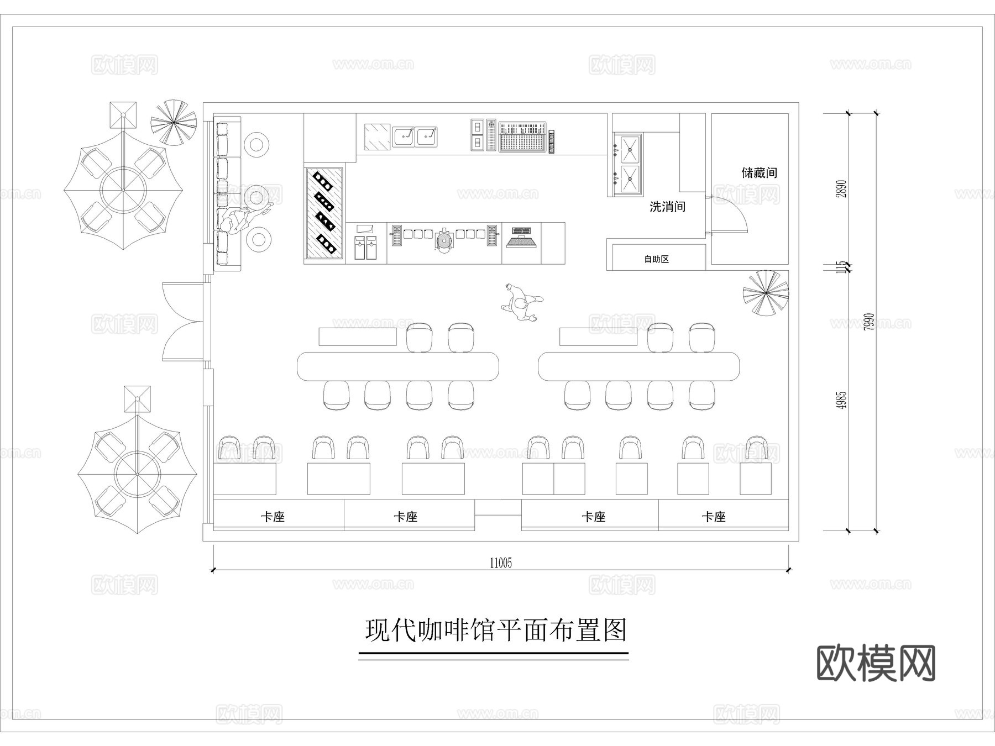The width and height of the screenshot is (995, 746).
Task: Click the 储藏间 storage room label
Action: point(759,173)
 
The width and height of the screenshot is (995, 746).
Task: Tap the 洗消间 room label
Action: point(667,207)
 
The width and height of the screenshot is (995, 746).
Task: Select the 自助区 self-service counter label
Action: point(657,259)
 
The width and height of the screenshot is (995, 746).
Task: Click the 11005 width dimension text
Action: point(501,563)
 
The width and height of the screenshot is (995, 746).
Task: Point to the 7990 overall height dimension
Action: point(869,322)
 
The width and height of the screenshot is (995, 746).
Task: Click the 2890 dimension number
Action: point(841,189)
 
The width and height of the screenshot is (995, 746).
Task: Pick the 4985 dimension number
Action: point(841,400)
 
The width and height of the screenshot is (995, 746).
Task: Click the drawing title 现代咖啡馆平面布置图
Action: point(495,631)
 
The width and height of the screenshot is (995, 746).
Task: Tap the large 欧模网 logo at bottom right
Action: point(876,663)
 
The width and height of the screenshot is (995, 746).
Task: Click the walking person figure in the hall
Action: point(521,303)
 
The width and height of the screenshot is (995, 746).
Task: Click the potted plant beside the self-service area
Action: point(765,293)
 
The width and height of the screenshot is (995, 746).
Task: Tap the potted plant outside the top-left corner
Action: point(174,122)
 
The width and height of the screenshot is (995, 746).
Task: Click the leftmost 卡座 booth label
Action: point(273,517)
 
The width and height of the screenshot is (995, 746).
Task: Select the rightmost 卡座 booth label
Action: point(713,517)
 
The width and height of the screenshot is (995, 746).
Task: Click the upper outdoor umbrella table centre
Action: point(123,191)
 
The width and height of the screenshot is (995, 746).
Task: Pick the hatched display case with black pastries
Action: point(324,213)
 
